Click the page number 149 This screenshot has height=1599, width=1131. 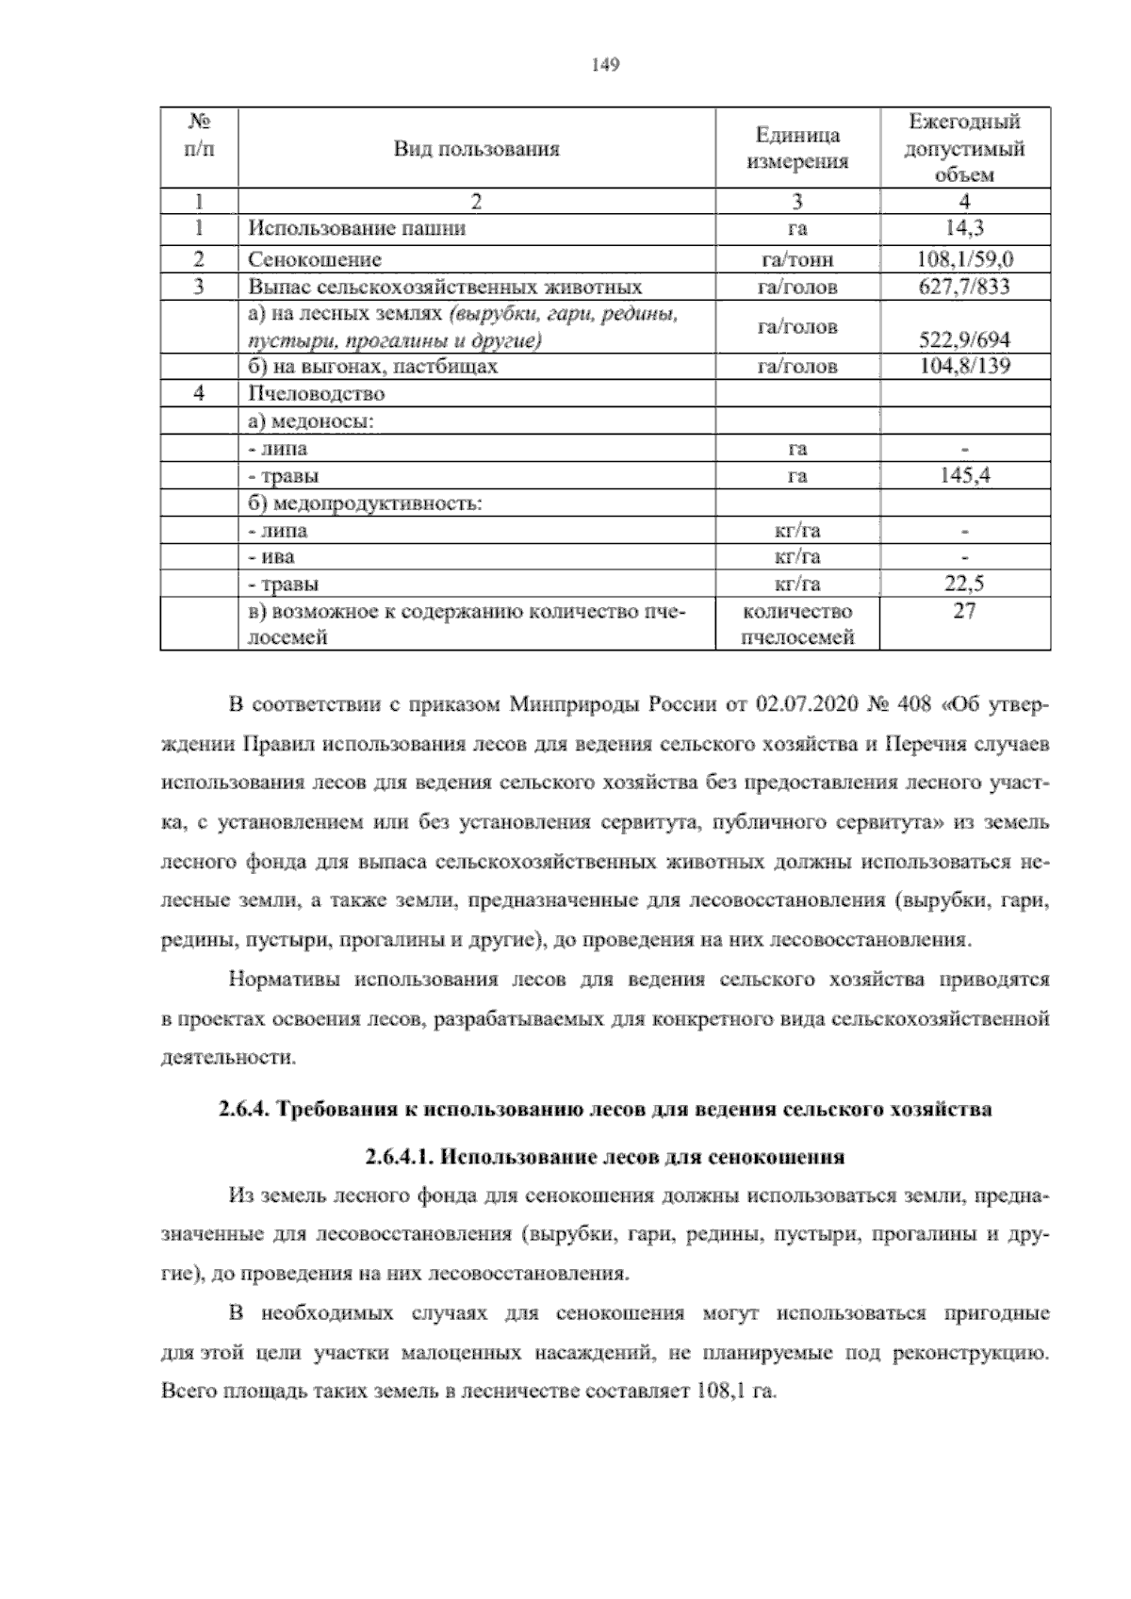[604, 65]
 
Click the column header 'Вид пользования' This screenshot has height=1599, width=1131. [476, 149]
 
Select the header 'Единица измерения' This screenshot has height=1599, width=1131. [797, 149]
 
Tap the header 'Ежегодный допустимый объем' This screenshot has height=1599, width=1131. [964, 148]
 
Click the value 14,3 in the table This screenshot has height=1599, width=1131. [965, 228]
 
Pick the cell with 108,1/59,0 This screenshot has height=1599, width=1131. [965, 259]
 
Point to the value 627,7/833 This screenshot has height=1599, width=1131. [964, 287]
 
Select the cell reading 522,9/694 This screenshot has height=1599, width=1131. [964, 340]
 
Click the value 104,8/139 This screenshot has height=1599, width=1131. [964, 367]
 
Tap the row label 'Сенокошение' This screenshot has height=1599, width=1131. [315, 259]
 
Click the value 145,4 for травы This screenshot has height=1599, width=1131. [964, 476]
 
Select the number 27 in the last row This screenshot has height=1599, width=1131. [964, 611]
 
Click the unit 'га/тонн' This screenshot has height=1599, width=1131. [797, 259]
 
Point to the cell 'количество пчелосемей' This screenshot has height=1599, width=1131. [797, 624]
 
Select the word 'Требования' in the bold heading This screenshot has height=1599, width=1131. [336, 1109]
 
